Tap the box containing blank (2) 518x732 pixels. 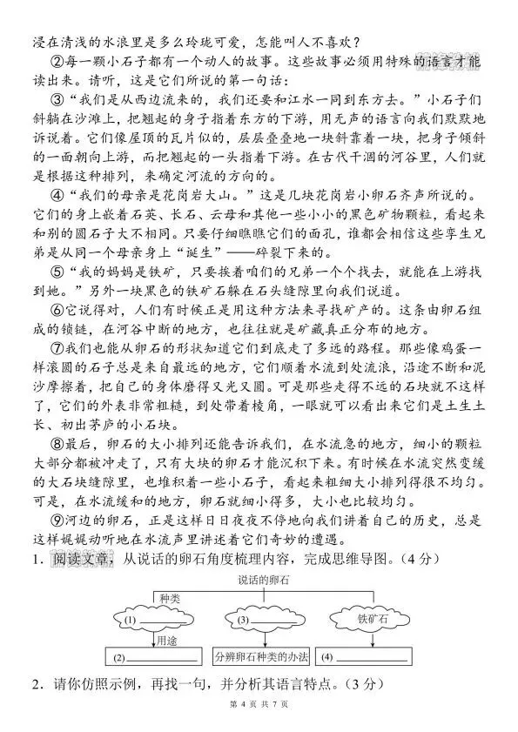(153, 655)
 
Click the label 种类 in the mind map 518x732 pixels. (169, 599)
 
